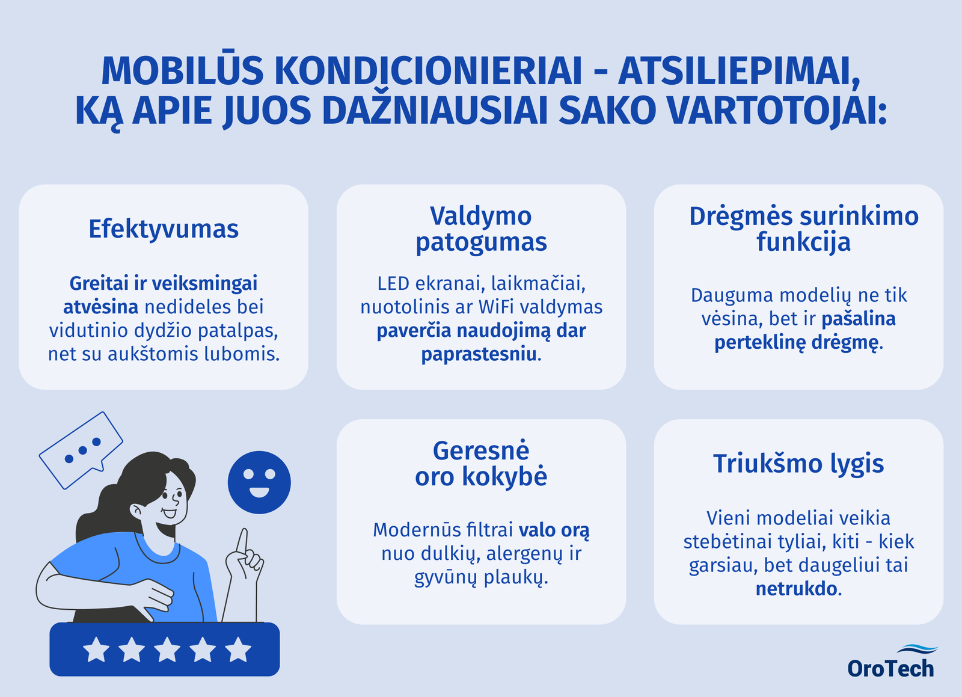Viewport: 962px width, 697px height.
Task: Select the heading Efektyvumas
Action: [x=164, y=229]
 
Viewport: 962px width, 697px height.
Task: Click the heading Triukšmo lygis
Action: [x=798, y=464]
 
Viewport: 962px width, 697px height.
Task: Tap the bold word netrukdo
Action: [x=796, y=589]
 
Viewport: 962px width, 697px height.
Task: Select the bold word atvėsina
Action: [x=101, y=307]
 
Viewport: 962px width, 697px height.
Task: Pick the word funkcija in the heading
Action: [x=803, y=242]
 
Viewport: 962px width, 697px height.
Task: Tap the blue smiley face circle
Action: [x=259, y=482]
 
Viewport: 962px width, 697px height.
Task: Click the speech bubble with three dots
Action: [x=81, y=450]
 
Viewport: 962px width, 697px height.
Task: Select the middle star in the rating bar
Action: [x=167, y=649]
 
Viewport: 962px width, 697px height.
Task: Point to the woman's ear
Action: [x=136, y=510]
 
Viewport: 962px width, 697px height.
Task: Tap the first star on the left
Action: [x=96, y=649]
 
